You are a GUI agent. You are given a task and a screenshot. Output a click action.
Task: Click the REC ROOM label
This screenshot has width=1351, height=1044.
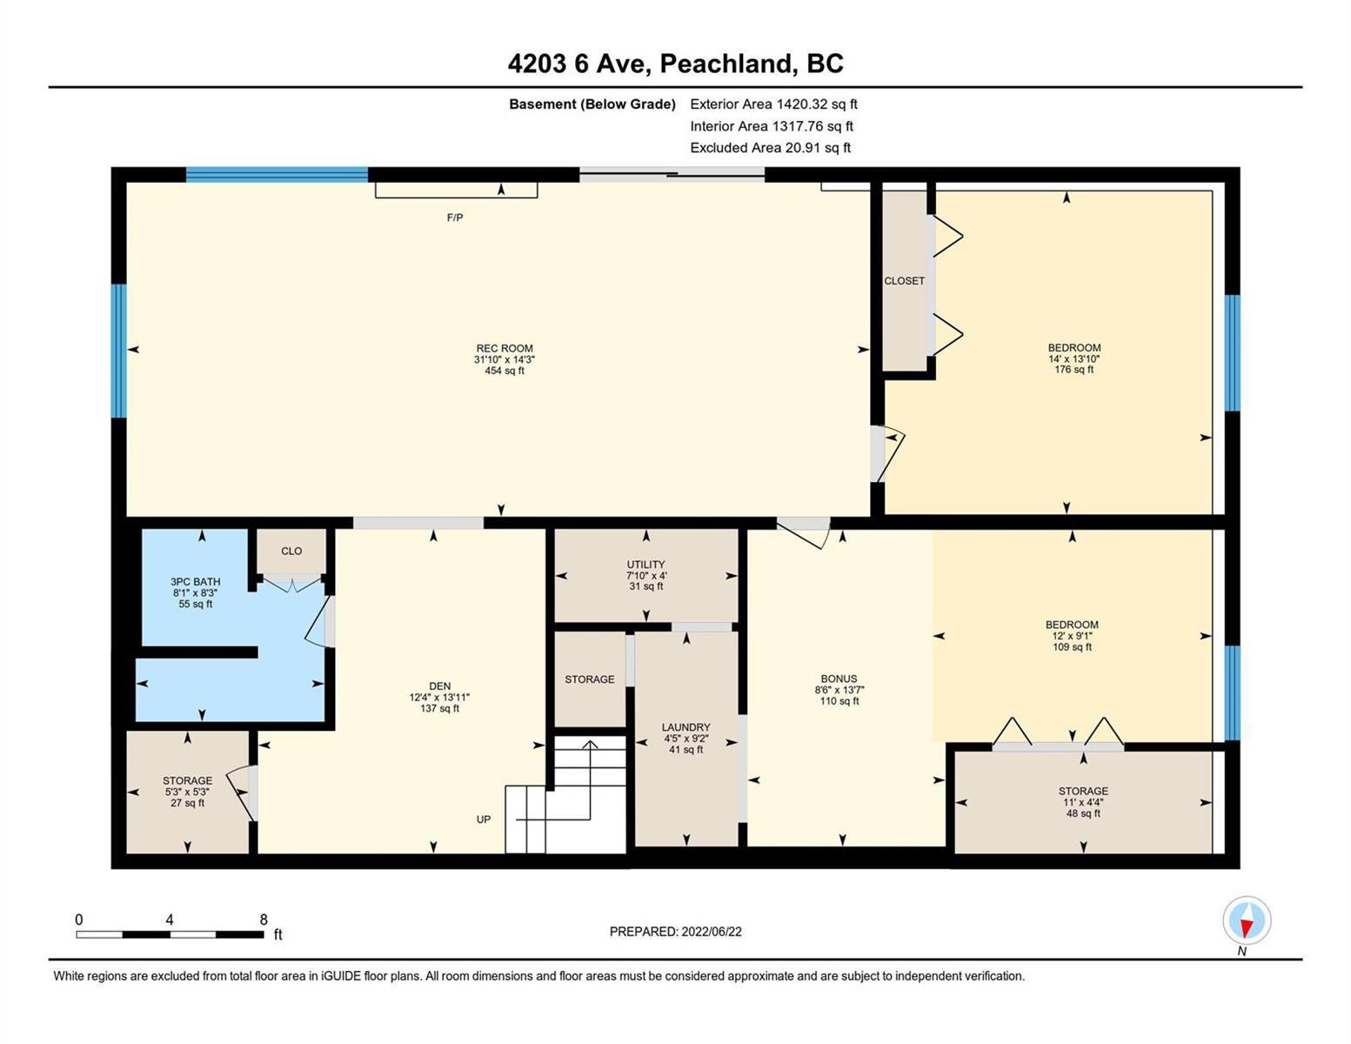[x=505, y=348]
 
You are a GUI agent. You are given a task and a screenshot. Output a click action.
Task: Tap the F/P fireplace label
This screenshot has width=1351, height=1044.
[x=454, y=217]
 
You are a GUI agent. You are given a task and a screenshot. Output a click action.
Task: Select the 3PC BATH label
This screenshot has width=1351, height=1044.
[x=195, y=581]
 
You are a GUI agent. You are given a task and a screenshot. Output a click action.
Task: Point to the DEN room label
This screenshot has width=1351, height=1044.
[x=439, y=686]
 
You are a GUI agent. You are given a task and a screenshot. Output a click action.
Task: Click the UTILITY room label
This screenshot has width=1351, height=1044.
[x=646, y=565]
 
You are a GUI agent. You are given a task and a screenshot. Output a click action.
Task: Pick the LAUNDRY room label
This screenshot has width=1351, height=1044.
[x=686, y=726]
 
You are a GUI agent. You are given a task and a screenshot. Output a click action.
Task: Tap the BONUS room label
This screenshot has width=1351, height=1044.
[x=839, y=679]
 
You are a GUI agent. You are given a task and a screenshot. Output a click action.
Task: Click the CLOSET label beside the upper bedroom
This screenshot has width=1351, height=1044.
[x=904, y=281]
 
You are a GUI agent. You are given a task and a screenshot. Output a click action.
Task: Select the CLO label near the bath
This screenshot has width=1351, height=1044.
[x=291, y=551]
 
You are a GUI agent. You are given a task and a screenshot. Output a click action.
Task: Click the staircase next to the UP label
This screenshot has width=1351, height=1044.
[x=565, y=794]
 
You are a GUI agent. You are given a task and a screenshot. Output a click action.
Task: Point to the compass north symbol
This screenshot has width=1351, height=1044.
[x=1246, y=920]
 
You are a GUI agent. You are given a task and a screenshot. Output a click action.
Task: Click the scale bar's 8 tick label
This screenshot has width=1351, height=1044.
[x=264, y=920]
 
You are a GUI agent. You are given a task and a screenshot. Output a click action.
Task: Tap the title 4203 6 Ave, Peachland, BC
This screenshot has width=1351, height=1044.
[x=675, y=64]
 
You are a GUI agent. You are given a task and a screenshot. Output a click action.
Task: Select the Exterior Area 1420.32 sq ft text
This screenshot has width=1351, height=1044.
[x=773, y=104]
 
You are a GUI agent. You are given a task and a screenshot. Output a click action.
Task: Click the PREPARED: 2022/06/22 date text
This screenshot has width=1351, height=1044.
[x=675, y=932]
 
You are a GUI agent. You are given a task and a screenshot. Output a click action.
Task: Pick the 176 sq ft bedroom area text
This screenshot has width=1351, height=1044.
[x=1073, y=370]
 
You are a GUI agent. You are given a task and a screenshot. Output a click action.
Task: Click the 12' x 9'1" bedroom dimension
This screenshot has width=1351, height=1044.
[x=1072, y=635]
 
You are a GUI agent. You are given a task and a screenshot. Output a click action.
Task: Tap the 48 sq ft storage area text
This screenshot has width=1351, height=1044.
[x=1083, y=813]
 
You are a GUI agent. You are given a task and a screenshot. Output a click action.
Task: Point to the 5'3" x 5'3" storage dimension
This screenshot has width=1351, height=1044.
[x=187, y=792]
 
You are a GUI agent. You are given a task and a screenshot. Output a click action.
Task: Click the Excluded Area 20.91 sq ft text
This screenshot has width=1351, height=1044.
[x=770, y=148]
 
